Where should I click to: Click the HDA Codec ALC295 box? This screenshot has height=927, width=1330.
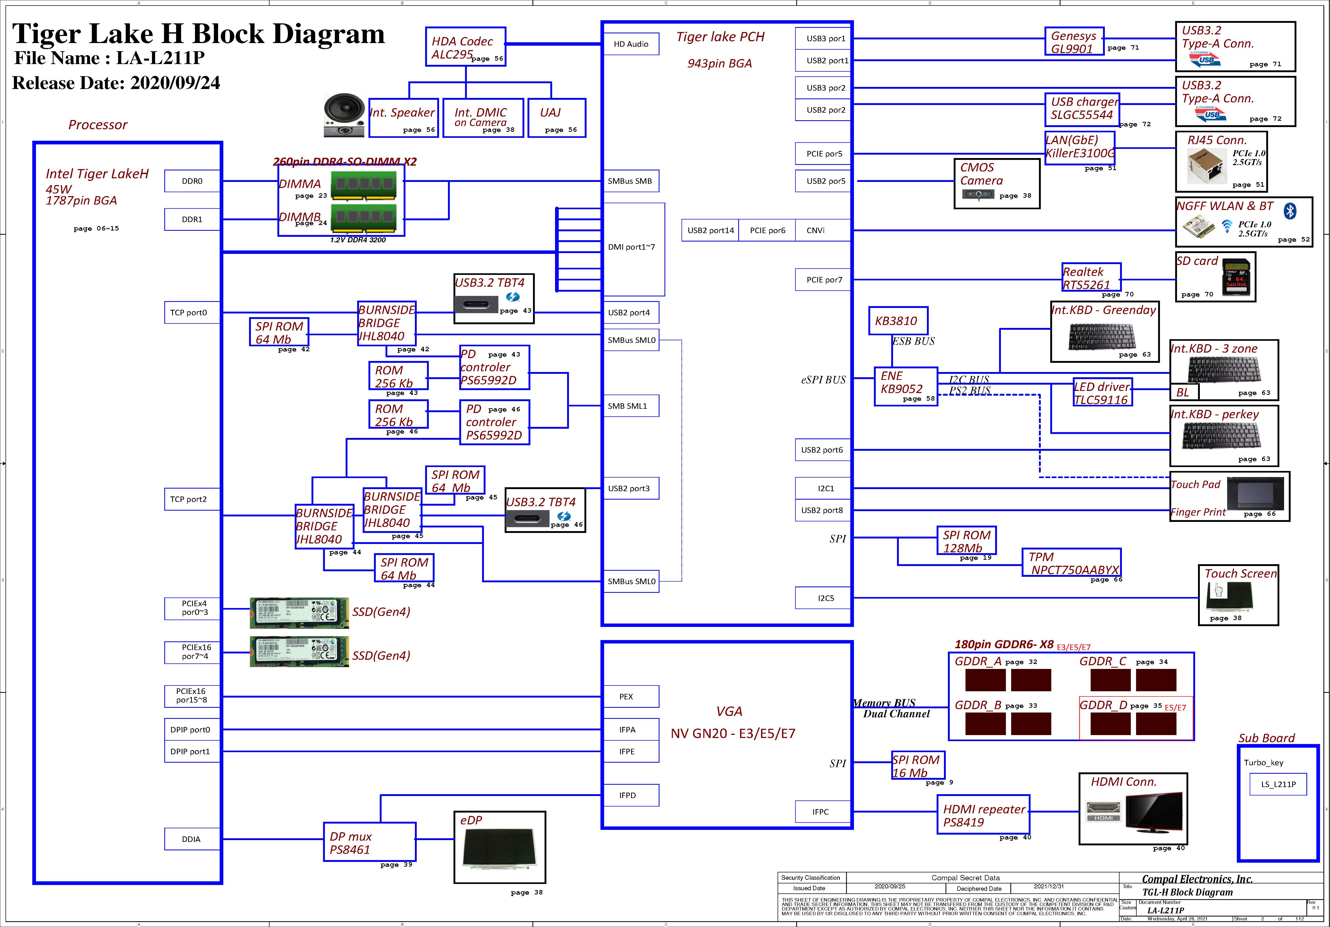[465, 46]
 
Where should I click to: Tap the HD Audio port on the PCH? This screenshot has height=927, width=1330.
[631, 44]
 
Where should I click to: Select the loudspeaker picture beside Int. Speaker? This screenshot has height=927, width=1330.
[344, 116]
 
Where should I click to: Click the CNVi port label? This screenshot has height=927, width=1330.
[816, 231]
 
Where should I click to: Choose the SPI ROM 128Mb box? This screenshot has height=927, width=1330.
[966, 541]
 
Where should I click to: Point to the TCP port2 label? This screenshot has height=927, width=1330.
[189, 499]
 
